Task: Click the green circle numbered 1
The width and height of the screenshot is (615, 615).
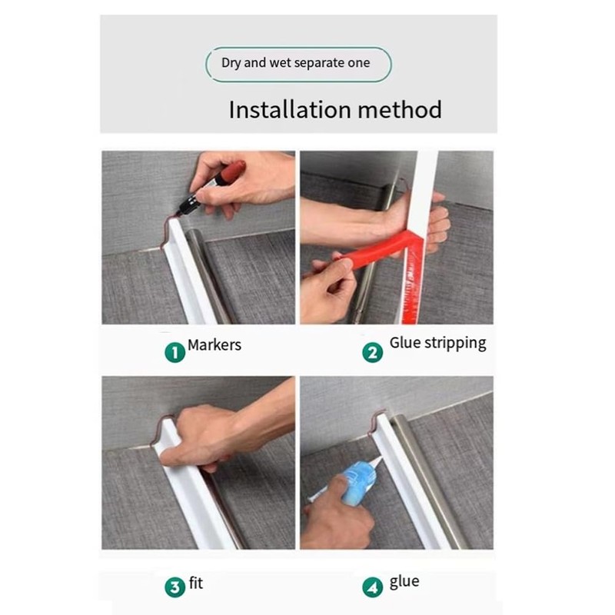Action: (175, 352)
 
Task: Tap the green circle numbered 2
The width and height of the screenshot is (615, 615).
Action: (373, 352)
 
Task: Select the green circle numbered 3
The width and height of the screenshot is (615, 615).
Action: (175, 587)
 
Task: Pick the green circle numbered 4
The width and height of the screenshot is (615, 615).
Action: (373, 587)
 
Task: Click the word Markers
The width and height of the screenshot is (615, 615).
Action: (214, 345)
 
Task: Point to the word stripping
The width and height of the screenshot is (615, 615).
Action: (455, 344)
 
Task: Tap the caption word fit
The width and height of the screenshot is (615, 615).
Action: (196, 583)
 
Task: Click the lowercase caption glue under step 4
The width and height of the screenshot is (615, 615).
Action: (404, 582)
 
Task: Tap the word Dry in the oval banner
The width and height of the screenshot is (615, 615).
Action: (231, 63)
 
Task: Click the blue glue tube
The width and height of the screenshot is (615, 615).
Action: (357, 481)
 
